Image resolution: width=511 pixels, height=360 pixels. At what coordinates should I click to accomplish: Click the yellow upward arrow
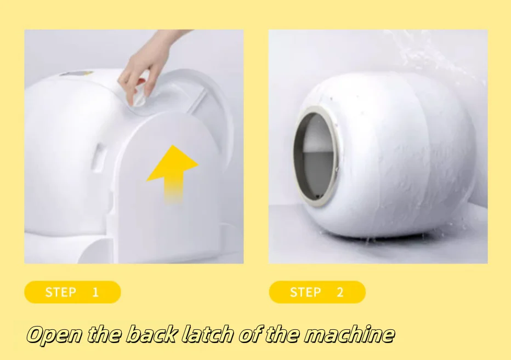[173, 173]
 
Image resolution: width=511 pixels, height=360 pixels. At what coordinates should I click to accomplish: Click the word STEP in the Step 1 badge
[61, 292]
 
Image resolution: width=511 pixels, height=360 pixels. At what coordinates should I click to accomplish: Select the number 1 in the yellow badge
[95, 292]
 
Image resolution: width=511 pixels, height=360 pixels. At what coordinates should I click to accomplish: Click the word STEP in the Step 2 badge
[305, 292]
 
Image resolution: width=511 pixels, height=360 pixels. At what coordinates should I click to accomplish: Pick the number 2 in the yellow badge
[340, 292]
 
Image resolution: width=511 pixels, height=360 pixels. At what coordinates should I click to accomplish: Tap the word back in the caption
[152, 334]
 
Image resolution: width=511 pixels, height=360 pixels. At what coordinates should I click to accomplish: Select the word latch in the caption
[207, 334]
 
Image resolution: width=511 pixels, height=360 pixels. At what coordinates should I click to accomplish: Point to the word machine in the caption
[349, 334]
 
